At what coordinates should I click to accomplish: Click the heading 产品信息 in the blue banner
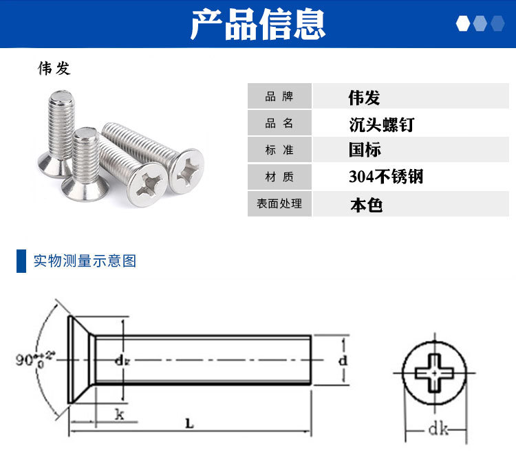tap(258, 24)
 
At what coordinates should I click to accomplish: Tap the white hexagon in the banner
tap(463, 23)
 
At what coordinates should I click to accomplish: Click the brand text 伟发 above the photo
tap(54, 69)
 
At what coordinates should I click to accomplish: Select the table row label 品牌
tap(279, 96)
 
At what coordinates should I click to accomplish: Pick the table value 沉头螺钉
tap(381, 124)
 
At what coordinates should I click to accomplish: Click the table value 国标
tap(365, 150)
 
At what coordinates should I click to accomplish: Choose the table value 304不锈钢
tap(386, 177)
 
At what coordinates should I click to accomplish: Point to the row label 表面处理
tap(279, 203)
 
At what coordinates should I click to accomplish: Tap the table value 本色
tap(366, 205)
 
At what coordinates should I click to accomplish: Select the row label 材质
tap(279, 177)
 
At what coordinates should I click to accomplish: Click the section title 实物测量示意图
tap(85, 261)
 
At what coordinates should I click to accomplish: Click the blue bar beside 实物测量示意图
tap(21, 261)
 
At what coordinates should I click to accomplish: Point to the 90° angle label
tap(34, 359)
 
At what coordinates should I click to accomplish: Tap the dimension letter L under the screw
tap(190, 423)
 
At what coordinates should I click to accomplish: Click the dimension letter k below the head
tap(120, 414)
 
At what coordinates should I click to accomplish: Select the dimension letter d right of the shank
tap(343, 360)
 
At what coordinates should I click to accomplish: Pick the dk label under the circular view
tap(438, 429)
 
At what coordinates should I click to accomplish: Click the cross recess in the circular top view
tap(434, 373)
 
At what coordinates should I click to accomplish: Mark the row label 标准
tap(279, 150)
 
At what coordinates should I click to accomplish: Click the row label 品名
tap(279, 123)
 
